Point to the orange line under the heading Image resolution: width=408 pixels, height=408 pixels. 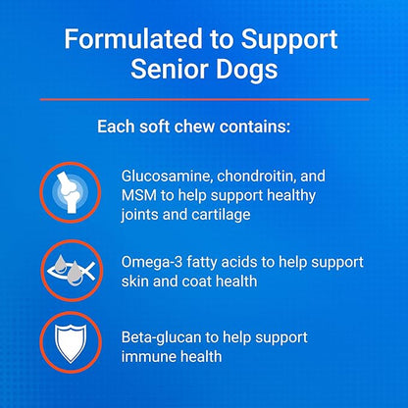click(x=204, y=99)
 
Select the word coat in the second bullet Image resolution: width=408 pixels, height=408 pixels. click(x=200, y=280)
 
